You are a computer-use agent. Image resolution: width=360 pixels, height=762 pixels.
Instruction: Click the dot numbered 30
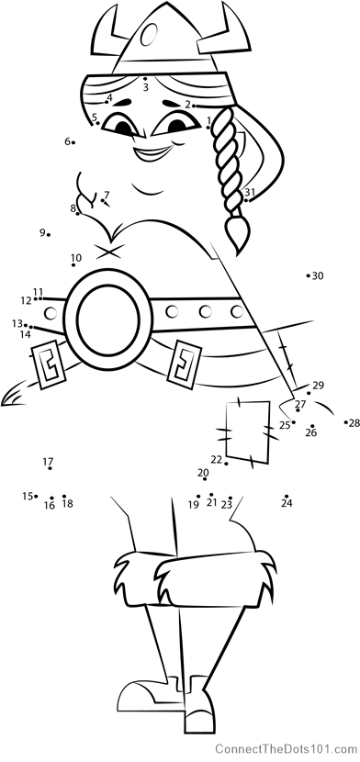[x=308, y=275]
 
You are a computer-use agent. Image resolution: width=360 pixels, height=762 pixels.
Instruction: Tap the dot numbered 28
[x=346, y=422]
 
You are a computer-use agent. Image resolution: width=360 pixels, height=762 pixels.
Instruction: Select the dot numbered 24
[x=287, y=496]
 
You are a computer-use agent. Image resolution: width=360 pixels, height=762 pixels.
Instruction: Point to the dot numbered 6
[x=73, y=142]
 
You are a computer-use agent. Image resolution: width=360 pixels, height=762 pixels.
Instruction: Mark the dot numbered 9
[x=49, y=235]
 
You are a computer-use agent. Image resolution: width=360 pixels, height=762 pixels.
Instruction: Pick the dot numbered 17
[x=50, y=468]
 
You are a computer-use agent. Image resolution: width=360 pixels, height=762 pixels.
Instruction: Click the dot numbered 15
[x=36, y=496]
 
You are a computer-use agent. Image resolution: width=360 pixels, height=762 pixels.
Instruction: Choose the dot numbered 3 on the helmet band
[x=145, y=78]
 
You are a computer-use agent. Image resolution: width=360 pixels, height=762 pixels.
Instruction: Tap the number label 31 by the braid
[x=250, y=192]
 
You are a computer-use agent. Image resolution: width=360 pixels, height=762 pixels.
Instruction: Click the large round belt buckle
[x=107, y=319]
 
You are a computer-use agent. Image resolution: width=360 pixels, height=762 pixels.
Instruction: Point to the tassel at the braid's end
[x=238, y=234]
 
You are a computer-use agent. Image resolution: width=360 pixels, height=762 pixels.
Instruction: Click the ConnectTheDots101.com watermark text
[x=287, y=747]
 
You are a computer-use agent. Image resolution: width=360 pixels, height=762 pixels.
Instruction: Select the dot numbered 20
[x=205, y=478]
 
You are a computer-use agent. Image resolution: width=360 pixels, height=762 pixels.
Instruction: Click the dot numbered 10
[x=73, y=264]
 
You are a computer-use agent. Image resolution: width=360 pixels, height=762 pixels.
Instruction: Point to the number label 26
[x=311, y=432]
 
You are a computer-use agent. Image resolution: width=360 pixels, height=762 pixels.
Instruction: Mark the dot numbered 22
[x=227, y=463]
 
